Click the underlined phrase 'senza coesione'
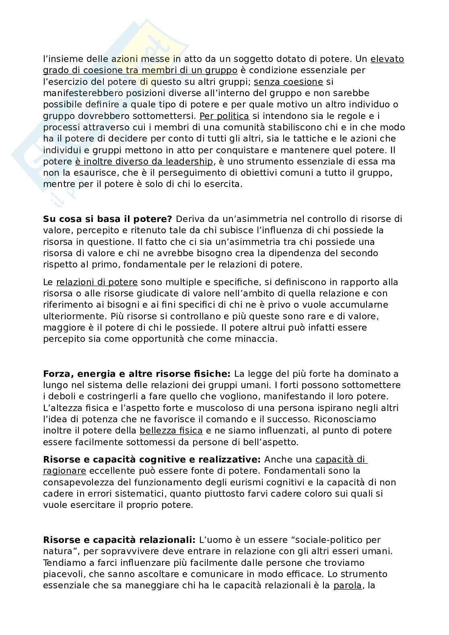pos(288,82)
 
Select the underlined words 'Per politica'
pos(224,116)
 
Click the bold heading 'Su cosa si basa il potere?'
pos(107,219)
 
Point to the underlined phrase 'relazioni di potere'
pos(97,282)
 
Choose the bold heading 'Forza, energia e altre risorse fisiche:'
pos(137,374)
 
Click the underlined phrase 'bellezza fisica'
pos(171,431)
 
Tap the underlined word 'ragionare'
pos(64,471)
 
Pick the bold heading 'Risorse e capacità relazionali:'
pos(119,540)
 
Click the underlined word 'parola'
pos(348,586)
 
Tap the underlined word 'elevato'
pos(387,59)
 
